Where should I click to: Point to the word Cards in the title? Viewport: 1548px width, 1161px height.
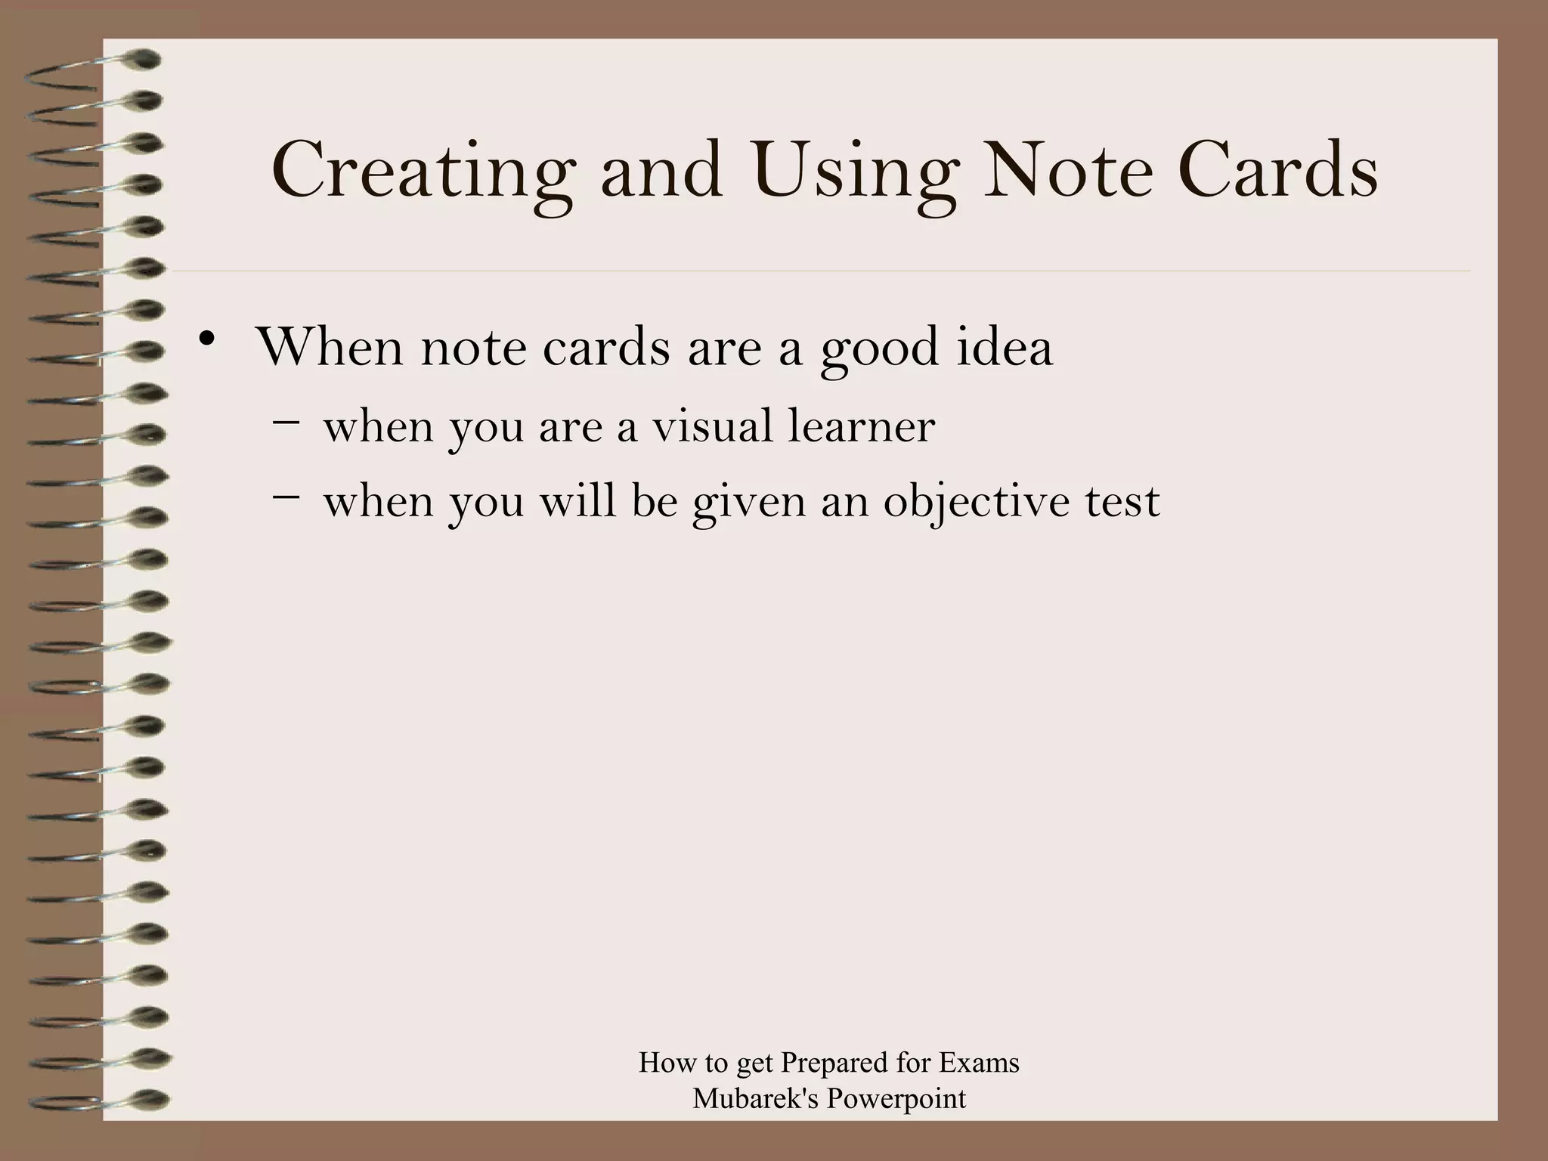[x=1277, y=170]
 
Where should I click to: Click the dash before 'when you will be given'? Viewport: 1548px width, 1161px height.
[x=285, y=496]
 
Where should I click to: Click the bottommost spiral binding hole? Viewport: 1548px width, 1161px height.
[x=148, y=1098]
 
